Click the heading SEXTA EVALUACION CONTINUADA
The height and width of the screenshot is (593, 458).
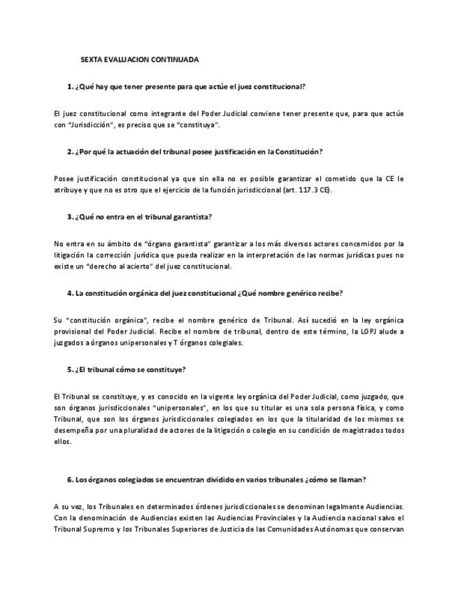pos(139,60)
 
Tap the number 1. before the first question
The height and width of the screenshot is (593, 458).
pos(71,86)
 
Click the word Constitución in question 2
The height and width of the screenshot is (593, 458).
pos(298,151)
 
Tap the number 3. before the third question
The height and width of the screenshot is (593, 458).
pos(71,217)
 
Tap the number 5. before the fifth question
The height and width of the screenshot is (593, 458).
pos(71,369)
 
